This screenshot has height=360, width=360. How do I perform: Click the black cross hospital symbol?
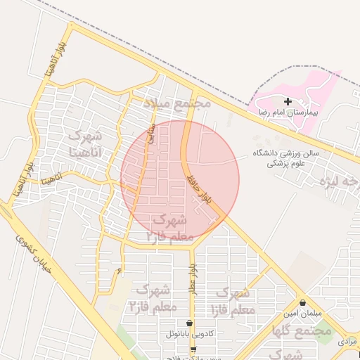(x=288, y=102)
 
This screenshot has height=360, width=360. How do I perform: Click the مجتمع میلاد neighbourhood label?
(x=178, y=104)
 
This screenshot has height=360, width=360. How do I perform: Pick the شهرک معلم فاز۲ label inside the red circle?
(x=167, y=228)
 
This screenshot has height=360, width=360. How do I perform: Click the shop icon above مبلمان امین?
(x=302, y=302)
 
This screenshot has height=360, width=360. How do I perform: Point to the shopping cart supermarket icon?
(x=193, y=349)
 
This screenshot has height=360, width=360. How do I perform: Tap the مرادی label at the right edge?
(x=348, y=340)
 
